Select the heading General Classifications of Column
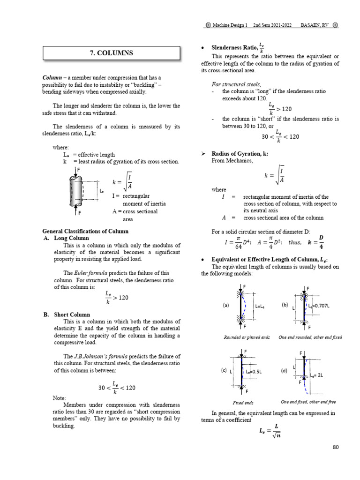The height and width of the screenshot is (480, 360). [85, 231]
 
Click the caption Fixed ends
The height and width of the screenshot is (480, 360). [243, 402]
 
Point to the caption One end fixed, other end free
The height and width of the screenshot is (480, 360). [308, 402]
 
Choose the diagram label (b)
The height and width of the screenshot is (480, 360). [285, 305]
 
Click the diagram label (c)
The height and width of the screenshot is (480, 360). [224, 370]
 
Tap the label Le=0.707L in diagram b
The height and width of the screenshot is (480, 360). [320, 306]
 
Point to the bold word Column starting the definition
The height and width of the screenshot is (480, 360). [52, 77]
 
